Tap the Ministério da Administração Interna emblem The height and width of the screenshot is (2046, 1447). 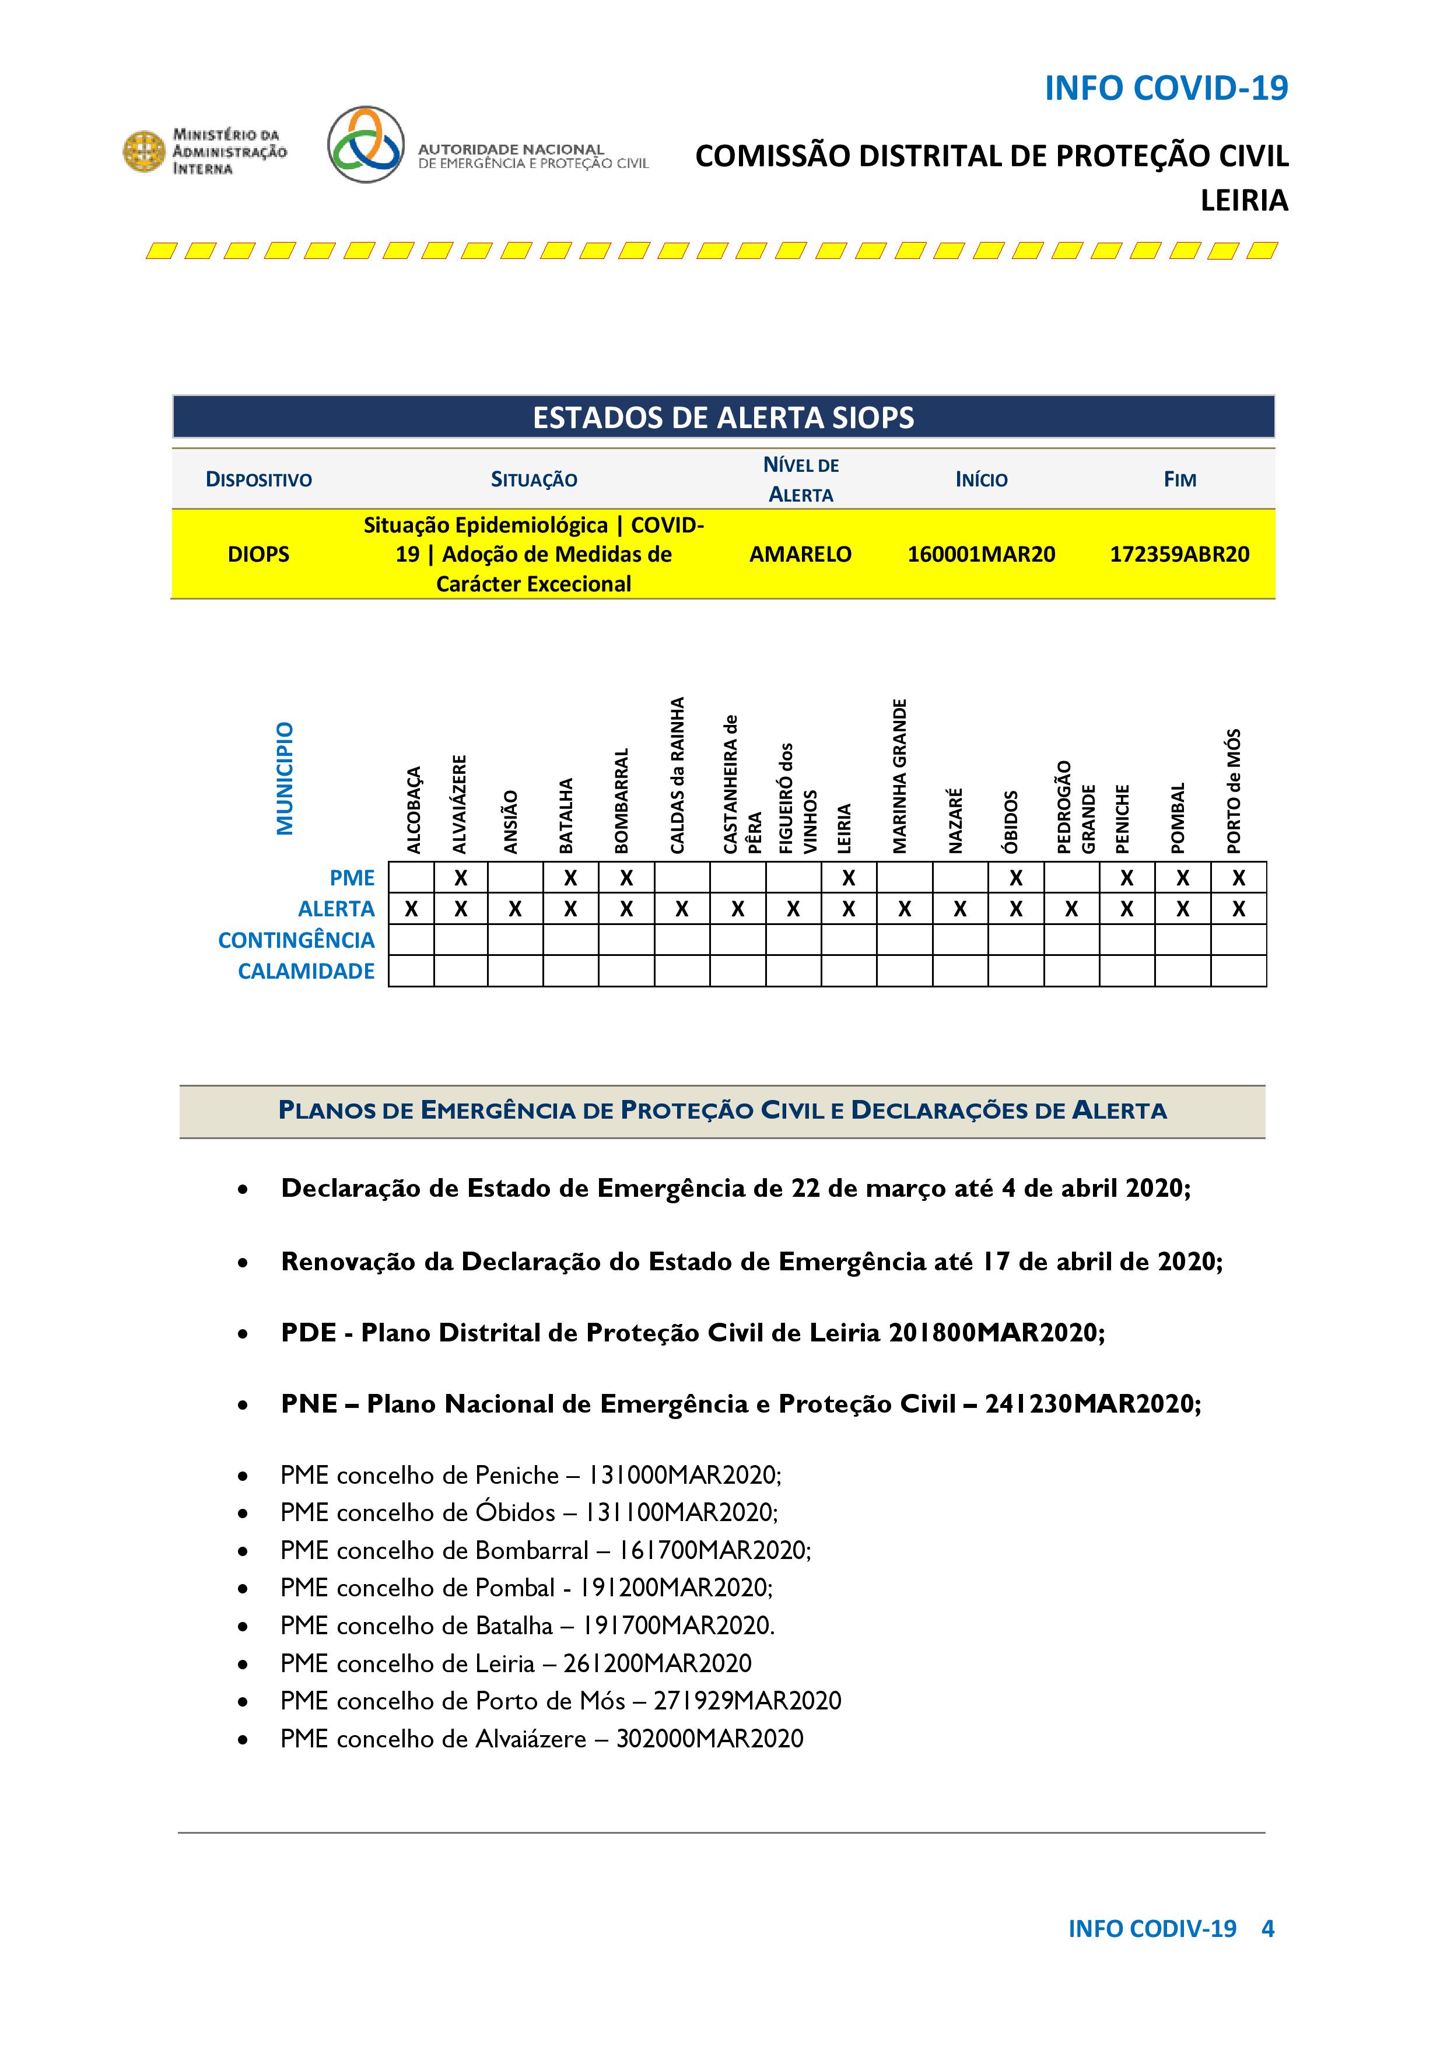143,150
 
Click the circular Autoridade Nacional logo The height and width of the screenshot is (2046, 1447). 365,145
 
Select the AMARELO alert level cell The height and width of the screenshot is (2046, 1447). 800,554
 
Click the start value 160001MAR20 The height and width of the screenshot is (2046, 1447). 981,554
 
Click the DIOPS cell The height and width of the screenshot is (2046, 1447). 258,554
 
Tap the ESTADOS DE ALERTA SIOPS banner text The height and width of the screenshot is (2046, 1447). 723,418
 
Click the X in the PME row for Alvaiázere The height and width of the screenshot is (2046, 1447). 461,878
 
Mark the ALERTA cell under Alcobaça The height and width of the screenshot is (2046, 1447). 411,909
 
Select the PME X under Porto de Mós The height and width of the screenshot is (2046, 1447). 1239,878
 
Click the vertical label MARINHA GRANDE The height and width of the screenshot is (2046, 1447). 900,775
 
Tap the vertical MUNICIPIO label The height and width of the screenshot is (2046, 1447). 285,778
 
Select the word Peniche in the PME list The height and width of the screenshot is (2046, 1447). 517,1475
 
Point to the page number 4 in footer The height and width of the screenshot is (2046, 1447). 1267,1928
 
